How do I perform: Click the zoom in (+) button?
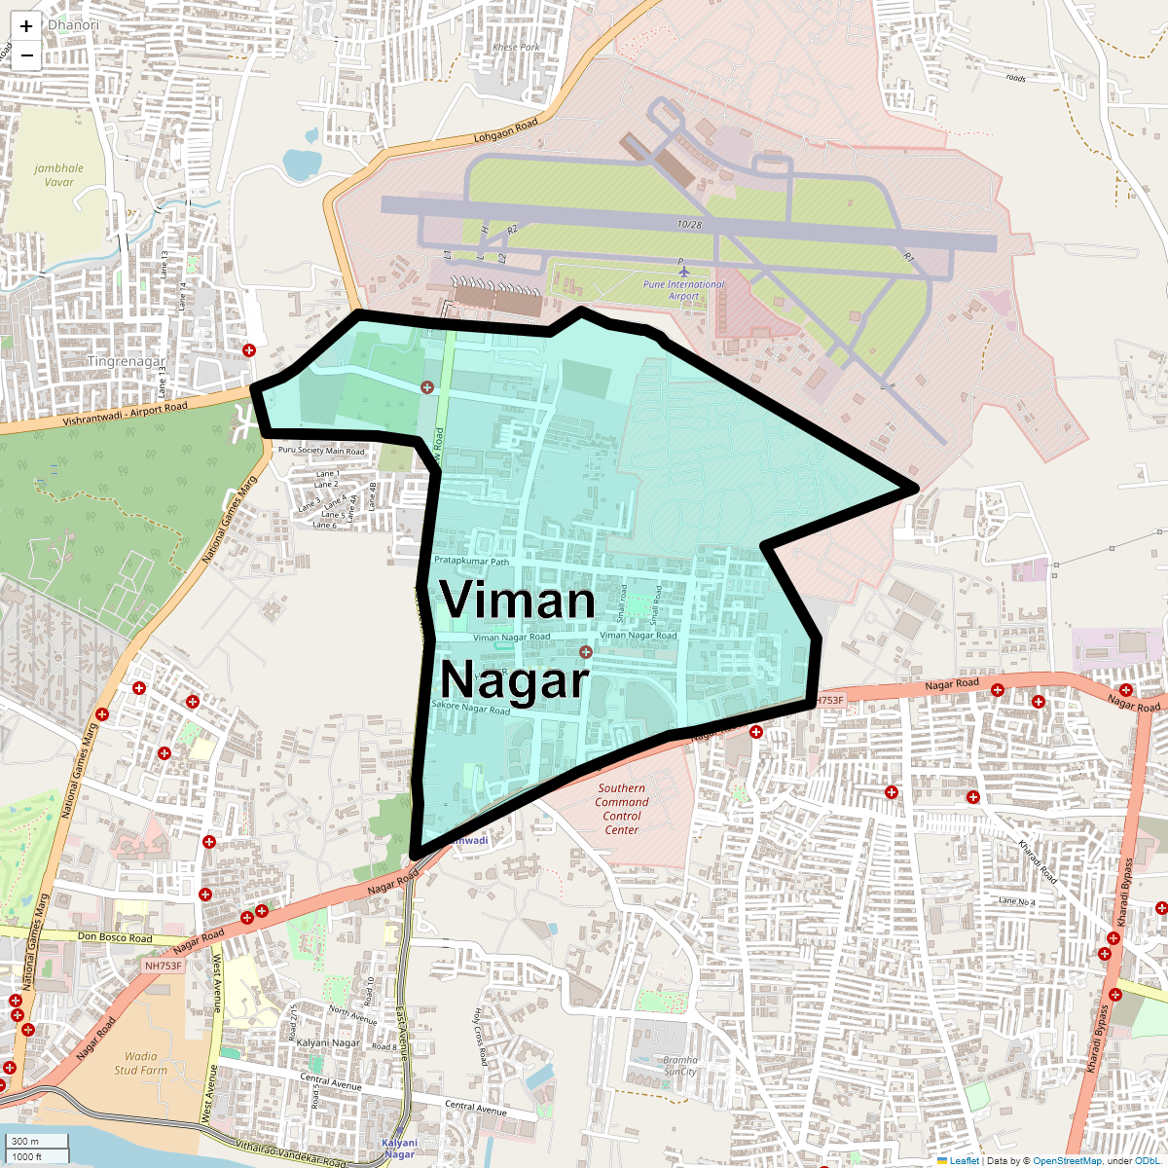tap(26, 27)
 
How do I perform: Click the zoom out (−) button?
tap(26, 55)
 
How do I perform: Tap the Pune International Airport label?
tap(683, 289)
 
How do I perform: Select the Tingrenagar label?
tap(127, 361)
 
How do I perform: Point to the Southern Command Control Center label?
tap(622, 809)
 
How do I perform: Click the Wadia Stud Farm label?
tap(141, 1063)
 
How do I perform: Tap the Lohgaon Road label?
tap(505, 131)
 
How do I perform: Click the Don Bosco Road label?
tap(115, 938)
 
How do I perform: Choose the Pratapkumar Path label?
tap(471, 562)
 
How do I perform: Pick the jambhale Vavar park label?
tap(58, 175)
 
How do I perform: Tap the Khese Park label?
tap(516, 47)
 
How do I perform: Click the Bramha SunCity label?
tap(680, 1066)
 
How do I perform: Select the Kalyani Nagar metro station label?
tap(399, 1149)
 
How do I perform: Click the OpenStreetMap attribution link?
tap(1067, 1160)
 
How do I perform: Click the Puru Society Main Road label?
tap(321, 451)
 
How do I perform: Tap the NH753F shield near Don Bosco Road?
tap(163, 966)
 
